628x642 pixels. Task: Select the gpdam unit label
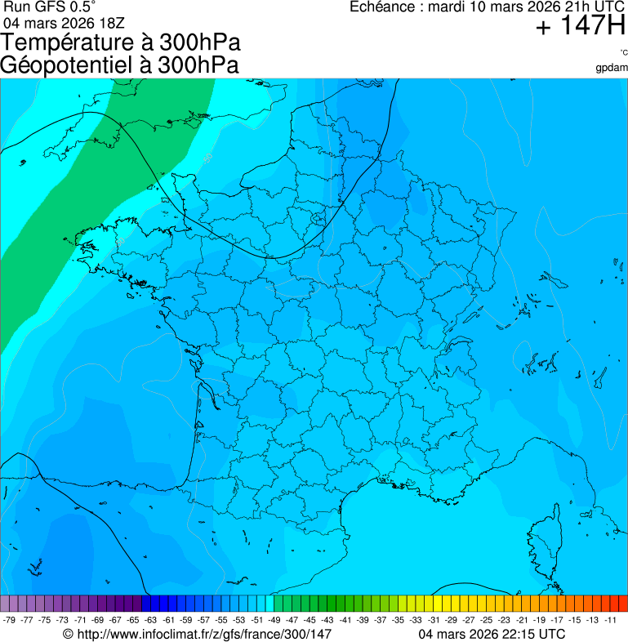pos(612,68)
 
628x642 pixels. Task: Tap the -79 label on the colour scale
pos(10,621)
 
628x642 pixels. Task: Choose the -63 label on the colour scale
pos(150,621)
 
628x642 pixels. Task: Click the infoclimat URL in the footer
pos(203,634)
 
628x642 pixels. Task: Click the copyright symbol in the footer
pos(68,634)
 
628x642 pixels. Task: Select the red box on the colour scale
pos(622,604)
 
